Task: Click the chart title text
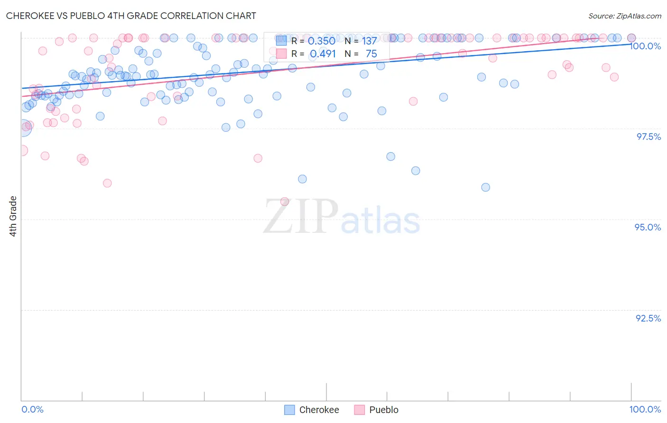[131, 16]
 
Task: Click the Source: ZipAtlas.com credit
[624, 16]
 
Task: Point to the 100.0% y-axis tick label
[645, 46]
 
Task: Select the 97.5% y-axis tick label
[648, 137]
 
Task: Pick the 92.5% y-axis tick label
[648, 318]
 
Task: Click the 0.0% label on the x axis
[32, 409]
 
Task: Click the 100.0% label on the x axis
[645, 409]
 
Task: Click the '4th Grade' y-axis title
[13, 216]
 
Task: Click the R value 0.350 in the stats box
[321, 41]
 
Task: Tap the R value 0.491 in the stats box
[323, 54]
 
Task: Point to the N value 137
[369, 41]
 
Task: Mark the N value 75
[371, 54]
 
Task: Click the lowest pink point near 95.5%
[285, 202]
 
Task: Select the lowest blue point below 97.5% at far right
[485, 187]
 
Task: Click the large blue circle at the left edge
[22, 127]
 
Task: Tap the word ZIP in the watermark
[300, 217]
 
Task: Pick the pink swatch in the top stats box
[281, 54]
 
